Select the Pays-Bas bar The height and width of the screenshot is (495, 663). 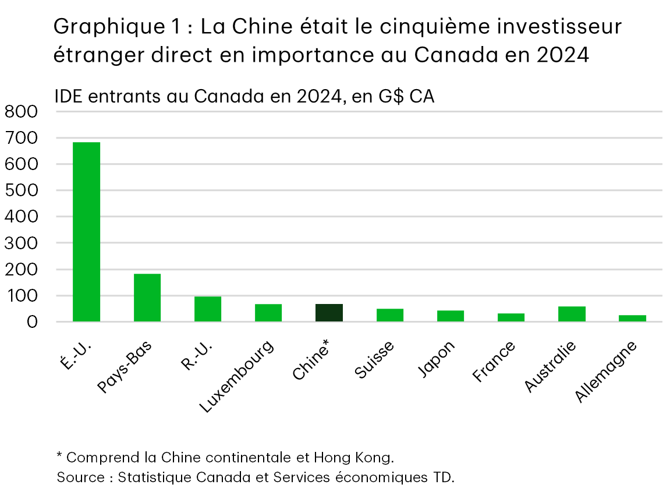click(147, 298)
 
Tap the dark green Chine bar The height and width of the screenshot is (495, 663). click(329, 313)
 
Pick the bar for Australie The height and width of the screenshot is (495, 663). click(572, 314)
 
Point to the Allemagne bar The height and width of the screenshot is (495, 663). click(632, 318)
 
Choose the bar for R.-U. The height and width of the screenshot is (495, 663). click(208, 309)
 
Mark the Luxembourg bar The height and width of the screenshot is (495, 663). click(268, 313)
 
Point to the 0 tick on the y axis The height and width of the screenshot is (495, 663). click(32, 322)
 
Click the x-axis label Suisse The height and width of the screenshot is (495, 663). click(374, 360)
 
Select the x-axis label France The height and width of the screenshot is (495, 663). click(494, 362)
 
